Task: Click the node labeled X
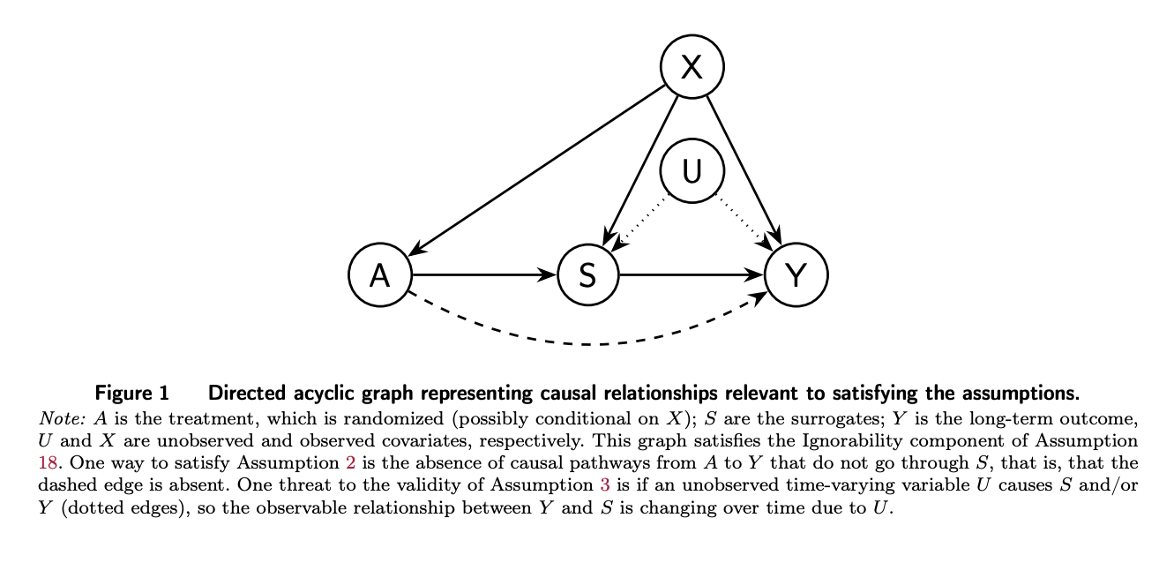[692, 67]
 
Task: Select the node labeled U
[692, 170]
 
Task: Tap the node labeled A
[380, 275]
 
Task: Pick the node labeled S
[588, 275]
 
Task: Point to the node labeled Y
[796, 275]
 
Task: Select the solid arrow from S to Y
[692, 275]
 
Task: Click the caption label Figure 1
[131, 392]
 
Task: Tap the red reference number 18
[46, 461]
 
